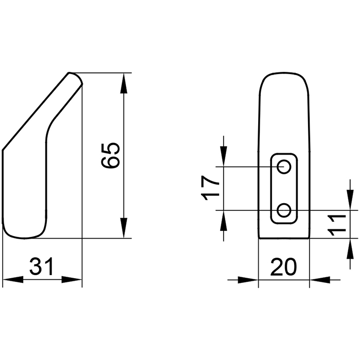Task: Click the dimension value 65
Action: point(111,155)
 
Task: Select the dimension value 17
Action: point(210,188)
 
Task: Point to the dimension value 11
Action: point(337,225)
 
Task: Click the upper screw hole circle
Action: point(284,167)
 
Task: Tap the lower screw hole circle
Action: point(284,210)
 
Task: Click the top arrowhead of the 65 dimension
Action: point(124,83)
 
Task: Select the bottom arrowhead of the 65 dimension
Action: point(124,228)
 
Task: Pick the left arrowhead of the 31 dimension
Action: point(13,280)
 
